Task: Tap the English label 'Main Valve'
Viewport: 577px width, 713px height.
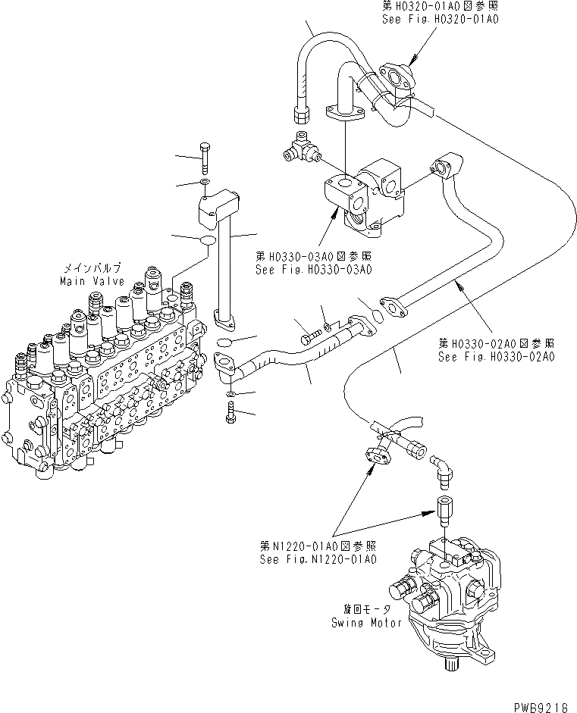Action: click(x=86, y=281)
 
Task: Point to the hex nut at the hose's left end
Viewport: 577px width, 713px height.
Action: click(x=298, y=114)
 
